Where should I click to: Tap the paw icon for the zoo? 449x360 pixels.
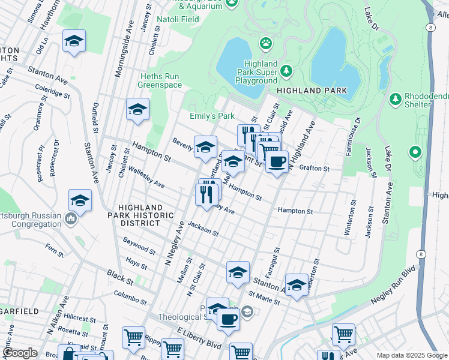265,43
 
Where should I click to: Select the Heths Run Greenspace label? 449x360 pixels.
160,81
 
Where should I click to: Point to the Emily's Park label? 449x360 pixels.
212,116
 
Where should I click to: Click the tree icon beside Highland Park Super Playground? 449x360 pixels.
287,71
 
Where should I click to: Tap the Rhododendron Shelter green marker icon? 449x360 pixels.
395,98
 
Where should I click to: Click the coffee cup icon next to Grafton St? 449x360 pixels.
277,161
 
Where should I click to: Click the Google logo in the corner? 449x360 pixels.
20,353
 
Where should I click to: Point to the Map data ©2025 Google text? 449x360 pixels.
411,355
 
